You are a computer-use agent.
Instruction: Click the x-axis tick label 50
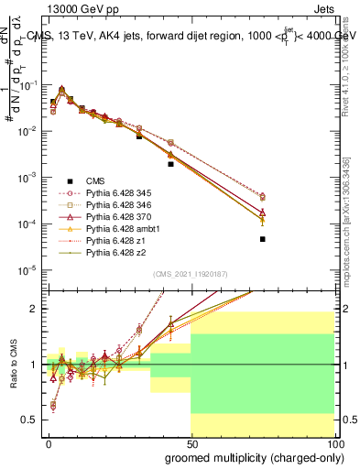(191, 442)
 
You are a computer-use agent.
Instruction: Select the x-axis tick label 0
(49, 442)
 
